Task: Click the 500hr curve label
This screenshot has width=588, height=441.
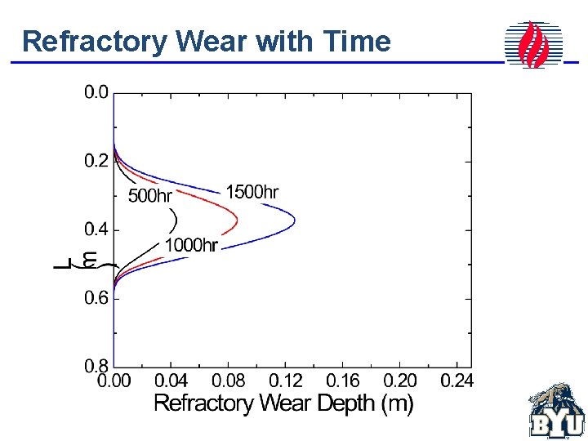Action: coord(150,196)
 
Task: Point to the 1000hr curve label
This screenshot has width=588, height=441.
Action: coord(191,245)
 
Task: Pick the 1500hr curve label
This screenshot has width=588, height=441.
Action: coord(252,193)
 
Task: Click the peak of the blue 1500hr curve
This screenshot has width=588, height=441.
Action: coord(294,220)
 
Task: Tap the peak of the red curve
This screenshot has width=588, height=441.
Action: coord(237,220)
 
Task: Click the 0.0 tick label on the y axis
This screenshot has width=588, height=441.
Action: coord(96,92)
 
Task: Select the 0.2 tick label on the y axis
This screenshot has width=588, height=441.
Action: coord(96,161)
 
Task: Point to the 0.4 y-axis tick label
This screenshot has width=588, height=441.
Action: coord(96,230)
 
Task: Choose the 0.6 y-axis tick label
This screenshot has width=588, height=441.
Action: coord(96,299)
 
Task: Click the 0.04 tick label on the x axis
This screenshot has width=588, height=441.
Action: coord(171,381)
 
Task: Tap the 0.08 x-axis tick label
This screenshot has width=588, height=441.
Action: coord(228,381)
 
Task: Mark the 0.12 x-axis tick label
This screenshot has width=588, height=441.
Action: coord(285,381)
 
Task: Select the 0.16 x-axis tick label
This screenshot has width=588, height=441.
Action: coord(342,381)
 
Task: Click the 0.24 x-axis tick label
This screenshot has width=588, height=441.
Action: coord(456,381)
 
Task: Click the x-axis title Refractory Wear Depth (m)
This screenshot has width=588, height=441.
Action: coord(283,403)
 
